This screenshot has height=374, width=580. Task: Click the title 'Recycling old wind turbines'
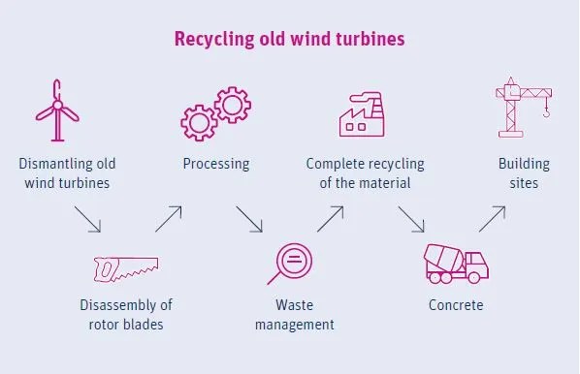[x=289, y=40]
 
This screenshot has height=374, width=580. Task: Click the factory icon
[x=366, y=113]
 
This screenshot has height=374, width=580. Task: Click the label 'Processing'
[x=216, y=163]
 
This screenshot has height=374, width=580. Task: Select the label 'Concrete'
[x=456, y=305]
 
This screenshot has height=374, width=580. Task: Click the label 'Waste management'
[x=295, y=315]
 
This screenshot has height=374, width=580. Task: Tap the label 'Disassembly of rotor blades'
[x=126, y=315]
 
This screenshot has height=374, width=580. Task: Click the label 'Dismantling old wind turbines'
[x=67, y=172]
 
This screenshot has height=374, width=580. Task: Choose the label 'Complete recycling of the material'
[x=366, y=172]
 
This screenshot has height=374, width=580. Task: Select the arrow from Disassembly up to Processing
[x=168, y=219]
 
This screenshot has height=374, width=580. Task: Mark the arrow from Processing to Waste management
[x=249, y=219]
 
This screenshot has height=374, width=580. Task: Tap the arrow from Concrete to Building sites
[x=492, y=219]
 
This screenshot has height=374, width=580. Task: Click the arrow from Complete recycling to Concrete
[x=411, y=219]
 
